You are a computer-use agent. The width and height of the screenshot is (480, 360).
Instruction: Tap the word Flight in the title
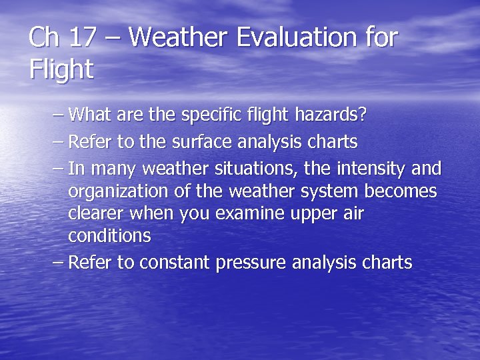click(61, 69)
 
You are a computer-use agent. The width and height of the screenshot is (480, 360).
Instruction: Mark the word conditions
click(109, 236)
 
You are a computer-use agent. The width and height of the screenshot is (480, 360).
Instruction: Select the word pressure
click(251, 263)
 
